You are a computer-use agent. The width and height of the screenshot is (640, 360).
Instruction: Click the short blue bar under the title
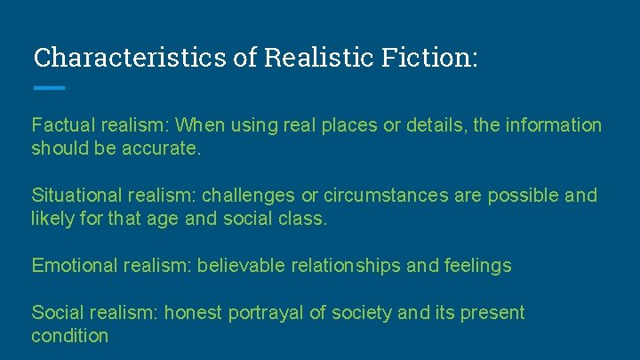tap(49, 87)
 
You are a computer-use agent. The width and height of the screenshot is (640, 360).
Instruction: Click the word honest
tap(195, 312)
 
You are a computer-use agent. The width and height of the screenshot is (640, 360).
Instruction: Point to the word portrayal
tap(267, 312)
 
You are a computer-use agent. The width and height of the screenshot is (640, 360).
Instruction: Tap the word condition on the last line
tap(69, 335)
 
